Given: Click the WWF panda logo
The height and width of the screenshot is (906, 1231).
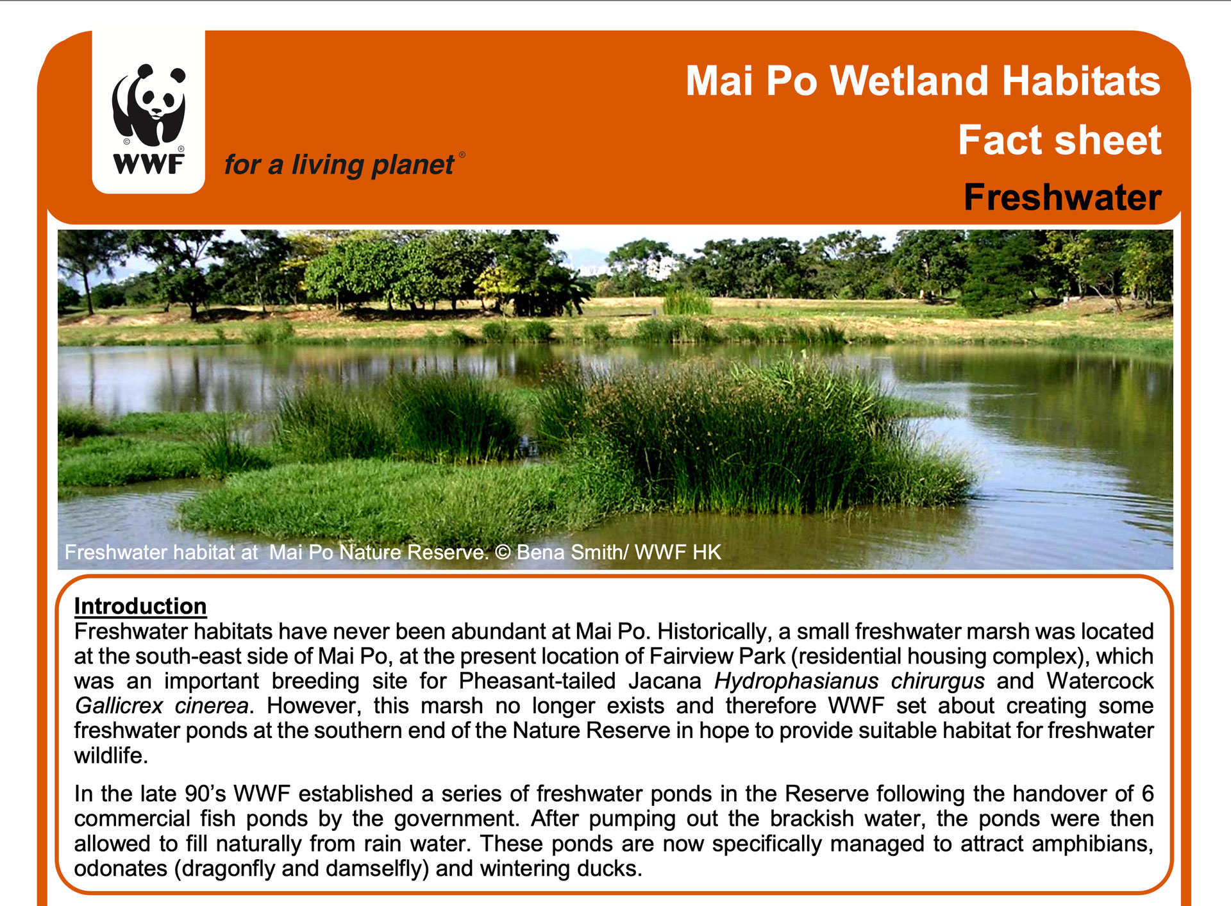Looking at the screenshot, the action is tap(149, 112).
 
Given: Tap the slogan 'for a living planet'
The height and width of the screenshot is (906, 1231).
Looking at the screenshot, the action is tap(339, 165).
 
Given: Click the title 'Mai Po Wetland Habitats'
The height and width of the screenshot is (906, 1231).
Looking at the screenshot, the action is tap(923, 81).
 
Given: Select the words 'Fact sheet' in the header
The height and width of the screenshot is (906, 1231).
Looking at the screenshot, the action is tap(1060, 140).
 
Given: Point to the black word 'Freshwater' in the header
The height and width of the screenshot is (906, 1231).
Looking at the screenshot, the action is tap(1062, 197).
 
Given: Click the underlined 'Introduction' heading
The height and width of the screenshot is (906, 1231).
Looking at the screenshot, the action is tap(140, 606).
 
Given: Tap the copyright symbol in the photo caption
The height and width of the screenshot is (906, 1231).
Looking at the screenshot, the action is tap(503, 552).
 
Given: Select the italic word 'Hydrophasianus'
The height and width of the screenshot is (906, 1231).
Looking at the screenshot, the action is tap(796, 681).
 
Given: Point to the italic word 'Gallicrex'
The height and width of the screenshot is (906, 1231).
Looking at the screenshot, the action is tap(119, 706).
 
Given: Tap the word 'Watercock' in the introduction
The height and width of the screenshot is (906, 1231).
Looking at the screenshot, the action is tap(1100, 680).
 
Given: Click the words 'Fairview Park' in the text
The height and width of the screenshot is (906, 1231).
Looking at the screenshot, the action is tap(717, 656).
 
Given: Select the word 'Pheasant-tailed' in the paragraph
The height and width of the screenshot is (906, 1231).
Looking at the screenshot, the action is tap(537, 680).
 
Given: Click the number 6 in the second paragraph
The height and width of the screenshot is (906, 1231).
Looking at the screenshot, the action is tap(1148, 794).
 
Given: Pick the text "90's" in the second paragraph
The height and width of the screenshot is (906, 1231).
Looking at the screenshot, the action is tap(205, 794).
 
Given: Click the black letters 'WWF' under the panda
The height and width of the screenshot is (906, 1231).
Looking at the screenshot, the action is tap(149, 164).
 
